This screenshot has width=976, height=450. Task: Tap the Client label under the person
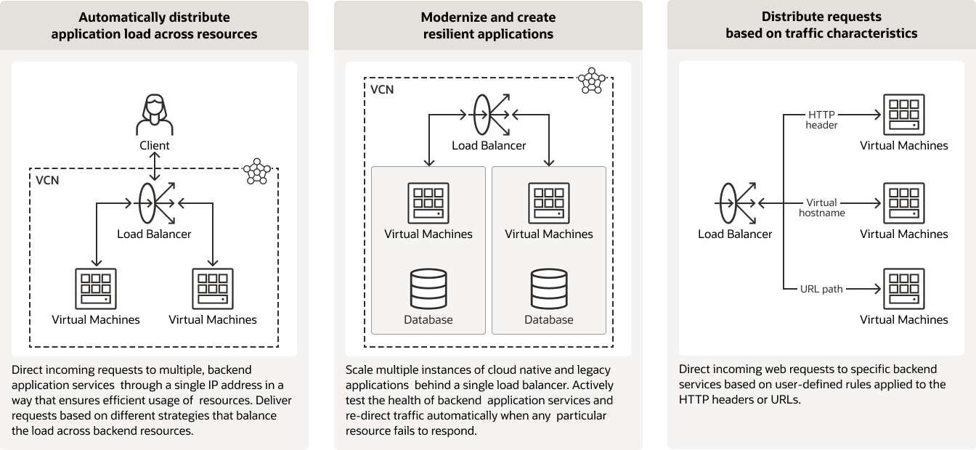point(154,145)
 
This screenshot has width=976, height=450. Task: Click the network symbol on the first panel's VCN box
point(256,171)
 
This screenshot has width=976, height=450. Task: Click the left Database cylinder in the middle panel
point(428,289)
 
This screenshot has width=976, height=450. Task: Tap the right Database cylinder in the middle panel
point(549,289)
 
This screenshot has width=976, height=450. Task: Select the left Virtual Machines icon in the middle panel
point(428,203)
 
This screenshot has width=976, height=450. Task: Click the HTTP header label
point(821,120)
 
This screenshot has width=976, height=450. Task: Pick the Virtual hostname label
point(821,208)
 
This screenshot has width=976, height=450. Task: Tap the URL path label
point(821,289)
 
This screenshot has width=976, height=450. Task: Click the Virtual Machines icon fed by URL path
point(903,289)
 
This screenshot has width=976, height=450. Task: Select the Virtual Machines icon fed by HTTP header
point(903,115)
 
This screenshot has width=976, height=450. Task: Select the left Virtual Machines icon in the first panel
point(96,289)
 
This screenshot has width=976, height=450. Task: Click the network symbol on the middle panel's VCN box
point(591,81)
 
